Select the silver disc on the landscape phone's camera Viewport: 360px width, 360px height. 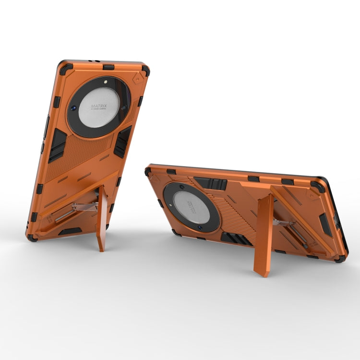click(x=191, y=206)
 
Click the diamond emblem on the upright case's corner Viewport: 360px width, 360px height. click(x=138, y=78)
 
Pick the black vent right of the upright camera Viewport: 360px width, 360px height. click(x=122, y=141)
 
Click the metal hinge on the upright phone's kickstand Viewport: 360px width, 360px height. click(x=85, y=207)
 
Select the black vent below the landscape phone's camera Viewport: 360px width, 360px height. click(x=236, y=238)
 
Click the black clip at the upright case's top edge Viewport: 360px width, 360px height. click(x=108, y=67)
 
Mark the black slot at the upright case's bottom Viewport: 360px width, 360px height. click(x=70, y=231)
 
